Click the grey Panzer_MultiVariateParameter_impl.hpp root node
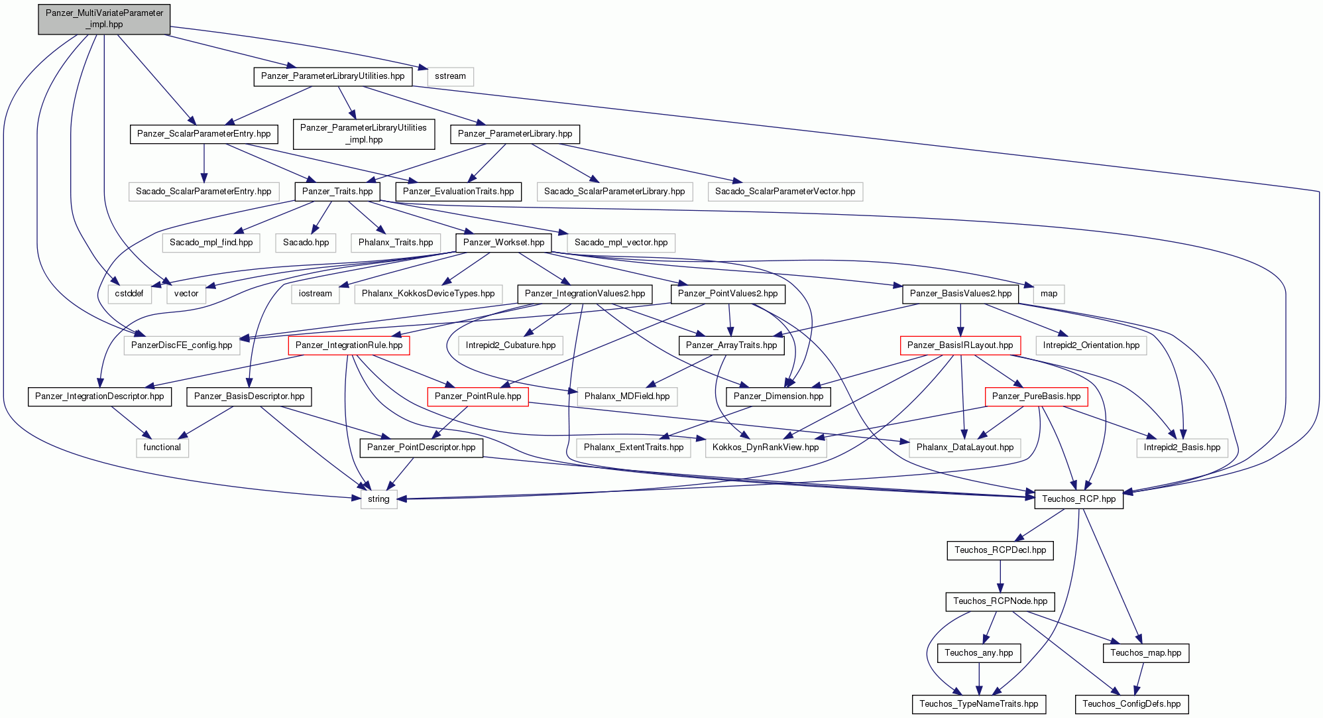pyautogui.click(x=104, y=19)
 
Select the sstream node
pyautogui.click(x=451, y=76)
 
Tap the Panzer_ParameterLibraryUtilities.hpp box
pyautogui.click(x=333, y=76)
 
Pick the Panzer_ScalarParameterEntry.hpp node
pyautogui.click(x=203, y=134)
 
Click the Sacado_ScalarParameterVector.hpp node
pyautogui.click(x=785, y=192)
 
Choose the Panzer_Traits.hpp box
pyautogui.click(x=337, y=192)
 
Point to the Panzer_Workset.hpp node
pyautogui.click(x=504, y=243)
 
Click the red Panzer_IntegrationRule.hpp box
pyautogui.click(x=349, y=345)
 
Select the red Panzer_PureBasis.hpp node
pyautogui.click(x=1036, y=396)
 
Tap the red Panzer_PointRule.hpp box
pyautogui.click(x=478, y=396)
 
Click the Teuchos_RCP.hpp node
pyautogui.click(x=1078, y=499)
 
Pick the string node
pyautogui.click(x=378, y=499)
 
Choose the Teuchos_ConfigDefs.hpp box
pyautogui.click(x=1131, y=704)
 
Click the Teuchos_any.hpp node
pyautogui.click(x=978, y=653)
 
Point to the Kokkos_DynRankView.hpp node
pyautogui.click(x=766, y=448)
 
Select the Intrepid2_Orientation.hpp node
pyautogui.click(x=1091, y=345)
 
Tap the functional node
pyautogui.click(x=162, y=448)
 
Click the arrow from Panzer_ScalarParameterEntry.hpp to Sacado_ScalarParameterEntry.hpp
pyautogui.click(x=204, y=163)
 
